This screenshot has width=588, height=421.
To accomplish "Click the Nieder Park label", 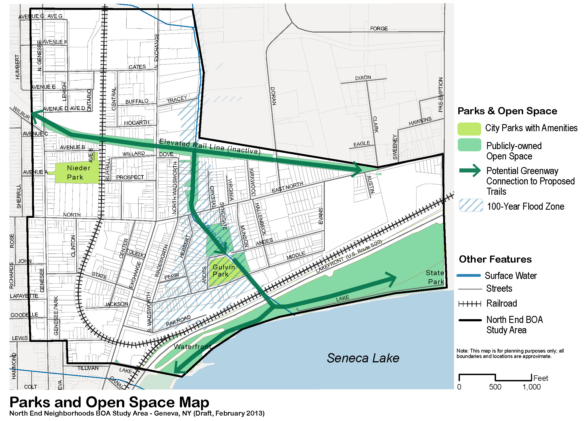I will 78,172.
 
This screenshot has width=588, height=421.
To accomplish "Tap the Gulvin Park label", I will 224,271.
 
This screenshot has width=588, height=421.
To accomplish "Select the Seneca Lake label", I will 363,358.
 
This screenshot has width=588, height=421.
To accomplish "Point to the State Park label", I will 435,277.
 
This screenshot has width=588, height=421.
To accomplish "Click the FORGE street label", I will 379,29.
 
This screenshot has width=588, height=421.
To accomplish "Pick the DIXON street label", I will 363,78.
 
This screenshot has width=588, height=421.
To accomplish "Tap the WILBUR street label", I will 21,113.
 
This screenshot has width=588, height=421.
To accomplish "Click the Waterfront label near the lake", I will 192,347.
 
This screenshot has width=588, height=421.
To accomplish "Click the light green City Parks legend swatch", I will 469,129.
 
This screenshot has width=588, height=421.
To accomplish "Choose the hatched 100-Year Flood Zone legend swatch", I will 471,205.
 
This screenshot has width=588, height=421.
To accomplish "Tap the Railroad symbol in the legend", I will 470,304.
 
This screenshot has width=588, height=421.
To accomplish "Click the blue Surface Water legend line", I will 469,276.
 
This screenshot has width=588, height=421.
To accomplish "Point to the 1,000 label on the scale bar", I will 531,387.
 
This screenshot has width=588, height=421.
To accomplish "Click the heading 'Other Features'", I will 495,259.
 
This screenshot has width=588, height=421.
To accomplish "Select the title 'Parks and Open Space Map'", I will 109,402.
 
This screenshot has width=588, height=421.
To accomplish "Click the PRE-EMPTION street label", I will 441,95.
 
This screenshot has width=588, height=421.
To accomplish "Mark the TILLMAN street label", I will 88,368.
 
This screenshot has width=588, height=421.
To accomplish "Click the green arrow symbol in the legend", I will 470,171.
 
